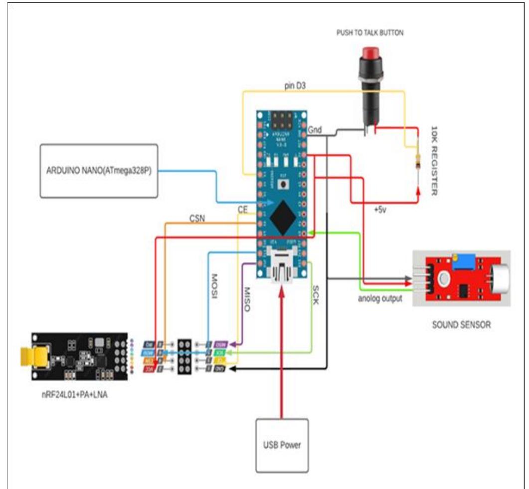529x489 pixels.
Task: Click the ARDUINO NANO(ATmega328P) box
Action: [x=98, y=171]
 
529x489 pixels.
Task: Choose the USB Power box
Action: [x=282, y=445]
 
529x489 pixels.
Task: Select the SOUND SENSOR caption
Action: [x=461, y=325]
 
